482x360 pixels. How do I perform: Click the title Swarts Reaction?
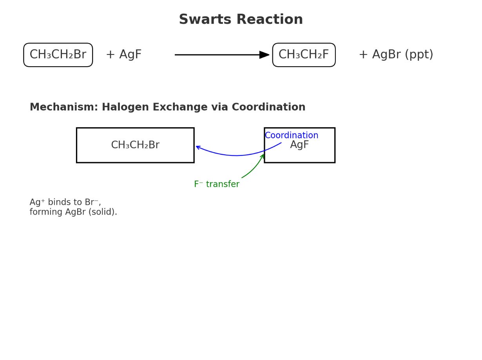(x=241, y=20)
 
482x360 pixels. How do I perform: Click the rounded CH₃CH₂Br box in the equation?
(x=58, y=55)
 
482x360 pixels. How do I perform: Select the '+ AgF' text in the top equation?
(x=123, y=55)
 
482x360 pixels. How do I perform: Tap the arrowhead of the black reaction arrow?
(x=265, y=55)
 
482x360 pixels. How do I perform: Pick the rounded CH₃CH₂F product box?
(x=304, y=55)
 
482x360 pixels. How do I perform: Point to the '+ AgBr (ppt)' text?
(x=396, y=55)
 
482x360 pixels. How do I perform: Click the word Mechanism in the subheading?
(x=63, y=107)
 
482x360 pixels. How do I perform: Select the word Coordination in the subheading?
(x=268, y=107)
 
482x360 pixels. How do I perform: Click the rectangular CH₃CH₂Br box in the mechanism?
(x=135, y=145)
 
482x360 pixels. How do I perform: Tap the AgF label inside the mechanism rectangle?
(x=300, y=145)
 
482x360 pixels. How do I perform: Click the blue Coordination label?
(x=291, y=136)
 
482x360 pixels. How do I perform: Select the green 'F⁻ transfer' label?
(x=216, y=184)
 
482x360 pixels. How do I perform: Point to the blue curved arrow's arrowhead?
(x=198, y=147)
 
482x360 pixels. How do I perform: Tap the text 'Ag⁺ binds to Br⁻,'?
(x=65, y=203)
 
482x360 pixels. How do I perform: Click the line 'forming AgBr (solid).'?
(x=73, y=212)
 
